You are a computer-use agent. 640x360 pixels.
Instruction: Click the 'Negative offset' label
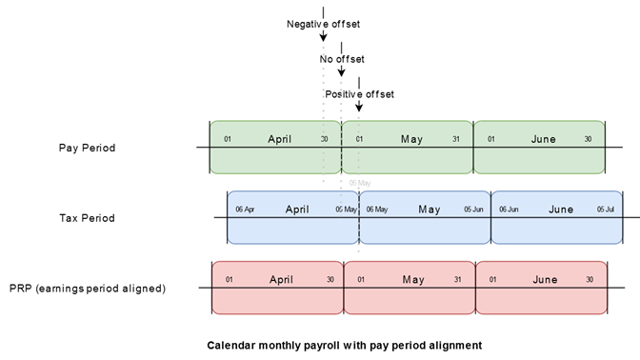point(324,24)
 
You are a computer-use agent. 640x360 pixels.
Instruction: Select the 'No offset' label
point(342,59)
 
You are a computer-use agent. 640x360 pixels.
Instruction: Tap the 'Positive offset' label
point(359,94)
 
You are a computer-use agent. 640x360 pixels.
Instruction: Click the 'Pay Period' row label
point(87,148)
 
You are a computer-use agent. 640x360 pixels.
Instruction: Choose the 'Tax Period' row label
point(87,218)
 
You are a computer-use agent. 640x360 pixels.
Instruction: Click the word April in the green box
point(280,140)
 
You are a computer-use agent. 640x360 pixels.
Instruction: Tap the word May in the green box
point(412,140)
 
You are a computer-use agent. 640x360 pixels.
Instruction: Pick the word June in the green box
point(544,140)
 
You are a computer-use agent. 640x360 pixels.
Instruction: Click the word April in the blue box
point(297,210)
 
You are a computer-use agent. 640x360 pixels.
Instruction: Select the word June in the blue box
point(561,210)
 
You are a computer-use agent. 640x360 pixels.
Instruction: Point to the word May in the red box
point(413,280)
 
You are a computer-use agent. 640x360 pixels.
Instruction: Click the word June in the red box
point(546,280)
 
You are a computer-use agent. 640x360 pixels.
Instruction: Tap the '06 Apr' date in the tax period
point(245,210)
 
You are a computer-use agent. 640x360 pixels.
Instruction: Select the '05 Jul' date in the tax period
point(605,210)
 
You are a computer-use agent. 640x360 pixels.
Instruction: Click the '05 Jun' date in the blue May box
point(473,210)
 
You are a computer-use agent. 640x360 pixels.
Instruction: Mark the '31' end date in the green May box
point(456,140)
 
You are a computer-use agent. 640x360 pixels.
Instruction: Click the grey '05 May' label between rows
point(360,182)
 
